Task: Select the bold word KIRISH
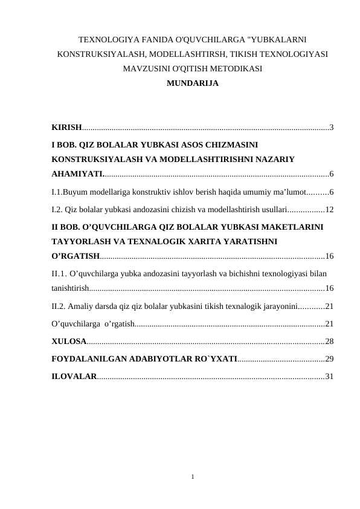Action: pyautogui.click(x=66, y=128)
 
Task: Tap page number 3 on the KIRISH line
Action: pyautogui.click(x=332, y=128)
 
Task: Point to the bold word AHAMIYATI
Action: pyautogui.click(x=77, y=175)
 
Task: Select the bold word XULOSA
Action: pyautogui.click(x=68, y=342)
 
